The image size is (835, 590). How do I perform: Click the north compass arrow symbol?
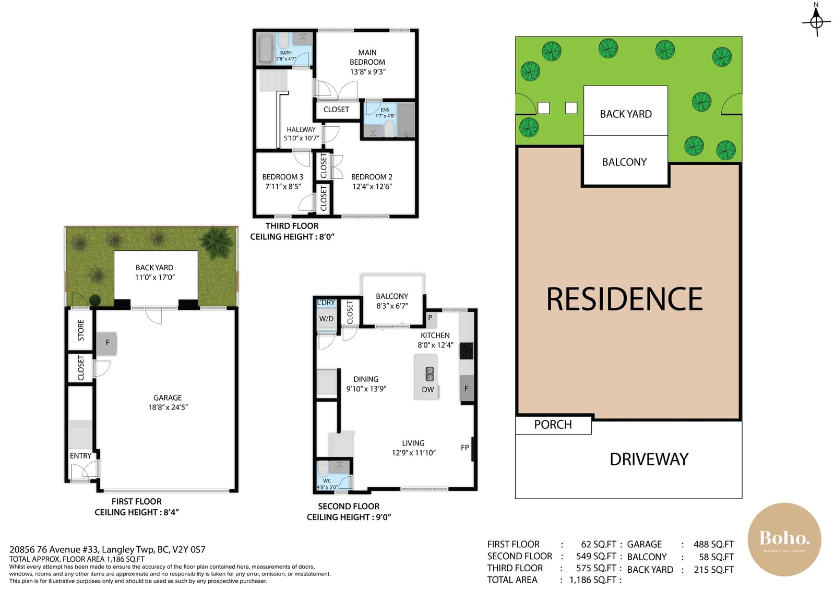[816, 20]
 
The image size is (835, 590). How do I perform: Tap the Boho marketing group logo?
[784, 539]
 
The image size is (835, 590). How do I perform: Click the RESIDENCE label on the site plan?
[624, 299]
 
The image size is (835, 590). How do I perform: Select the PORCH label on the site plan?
[553, 425]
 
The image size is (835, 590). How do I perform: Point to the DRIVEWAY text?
[649, 459]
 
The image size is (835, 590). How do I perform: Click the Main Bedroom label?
[367, 57]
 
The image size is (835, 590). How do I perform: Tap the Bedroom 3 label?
[282, 177]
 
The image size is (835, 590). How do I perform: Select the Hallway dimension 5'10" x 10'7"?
[301, 138]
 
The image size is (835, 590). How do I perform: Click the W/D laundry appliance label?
[326, 319]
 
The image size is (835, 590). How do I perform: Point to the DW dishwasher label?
[428, 390]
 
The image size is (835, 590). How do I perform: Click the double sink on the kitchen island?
[430, 374]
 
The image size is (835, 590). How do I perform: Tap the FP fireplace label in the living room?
[464, 448]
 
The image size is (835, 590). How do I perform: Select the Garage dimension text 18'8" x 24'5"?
[168, 407]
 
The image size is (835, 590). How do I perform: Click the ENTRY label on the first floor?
[80, 456]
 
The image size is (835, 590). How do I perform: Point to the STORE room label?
[81, 330]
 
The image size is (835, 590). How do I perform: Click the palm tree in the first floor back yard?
[217, 242]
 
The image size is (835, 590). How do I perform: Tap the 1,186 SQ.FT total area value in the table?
[593, 580]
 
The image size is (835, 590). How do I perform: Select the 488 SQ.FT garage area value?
[713, 545]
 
